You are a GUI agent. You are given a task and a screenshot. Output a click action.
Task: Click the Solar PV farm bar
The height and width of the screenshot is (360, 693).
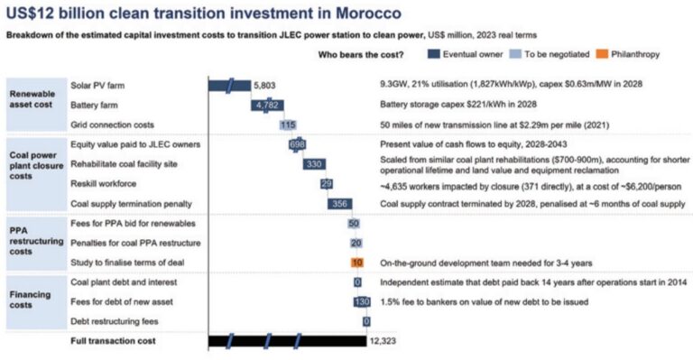pyautogui.click(x=229, y=85)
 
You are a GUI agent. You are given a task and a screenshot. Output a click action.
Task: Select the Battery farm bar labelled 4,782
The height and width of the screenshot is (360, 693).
pyautogui.click(x=268, y=105)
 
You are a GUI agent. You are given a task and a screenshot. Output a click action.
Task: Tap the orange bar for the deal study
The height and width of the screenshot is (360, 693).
pyautogui.click(x=357, y=263)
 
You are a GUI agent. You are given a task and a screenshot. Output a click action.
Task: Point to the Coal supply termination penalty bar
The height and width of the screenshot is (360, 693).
pyautogui.click(x=339, y=203)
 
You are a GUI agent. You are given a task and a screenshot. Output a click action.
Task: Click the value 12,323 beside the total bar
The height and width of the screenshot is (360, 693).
pyautogui.click(x=381, y=341)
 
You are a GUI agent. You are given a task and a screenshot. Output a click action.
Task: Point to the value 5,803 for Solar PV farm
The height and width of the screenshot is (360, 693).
pyautogui.click(x=266, y=85)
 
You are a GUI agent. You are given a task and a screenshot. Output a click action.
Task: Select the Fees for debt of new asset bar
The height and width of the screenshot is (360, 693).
pyautogui.click(x=363, y=301)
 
